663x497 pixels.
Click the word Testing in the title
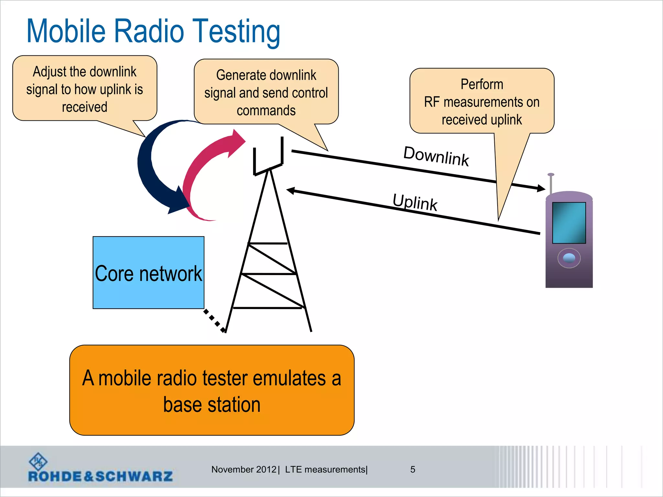tap(236, 31)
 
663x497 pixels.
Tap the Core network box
tap(148, 272)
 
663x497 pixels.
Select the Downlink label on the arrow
tap(436, 156)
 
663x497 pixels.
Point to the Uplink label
tap(415, 202)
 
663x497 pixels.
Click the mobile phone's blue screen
tap(569, 223)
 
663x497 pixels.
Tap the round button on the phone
tap(569, 258)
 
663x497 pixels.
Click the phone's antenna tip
tap(551, 175)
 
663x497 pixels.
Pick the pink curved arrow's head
tap(236, 142)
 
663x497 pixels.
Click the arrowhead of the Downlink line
tap(541, 188)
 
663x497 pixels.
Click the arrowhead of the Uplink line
tap(291, 191)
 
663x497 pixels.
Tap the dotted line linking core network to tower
tap(214, 321)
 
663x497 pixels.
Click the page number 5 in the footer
tap(412, 469)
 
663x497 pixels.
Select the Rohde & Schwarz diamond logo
tap(38, 461)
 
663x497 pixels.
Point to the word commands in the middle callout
tap(266, 111)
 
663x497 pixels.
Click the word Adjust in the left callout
tap(49, 72)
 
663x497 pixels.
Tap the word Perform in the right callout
tap(482, 84)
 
